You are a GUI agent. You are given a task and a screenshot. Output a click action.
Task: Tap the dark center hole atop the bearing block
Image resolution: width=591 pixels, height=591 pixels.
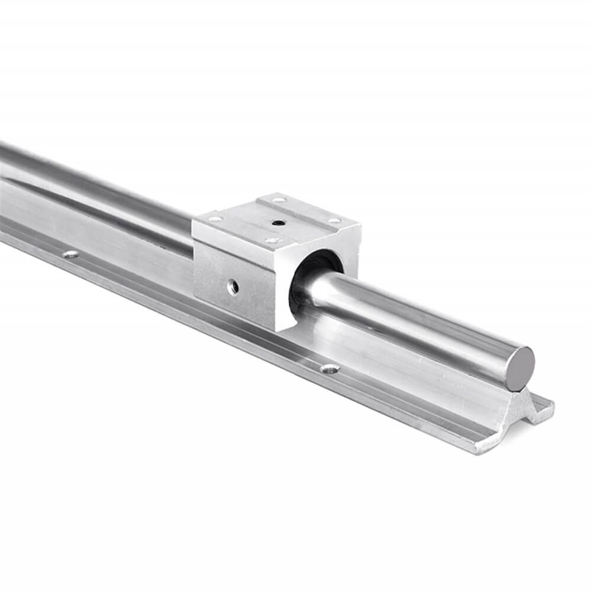click(x=277, y=223)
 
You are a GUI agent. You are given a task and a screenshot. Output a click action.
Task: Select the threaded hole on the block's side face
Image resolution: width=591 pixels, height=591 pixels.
click(x=235, y=287)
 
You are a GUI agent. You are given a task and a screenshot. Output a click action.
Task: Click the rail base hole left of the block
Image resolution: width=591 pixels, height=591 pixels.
click(x=71, y=254)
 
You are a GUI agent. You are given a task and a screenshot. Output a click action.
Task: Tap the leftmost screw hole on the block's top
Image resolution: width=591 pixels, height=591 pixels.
click(x=216, y=219)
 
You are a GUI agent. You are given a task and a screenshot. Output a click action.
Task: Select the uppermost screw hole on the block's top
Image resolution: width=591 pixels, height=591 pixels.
click(x=277, y=201)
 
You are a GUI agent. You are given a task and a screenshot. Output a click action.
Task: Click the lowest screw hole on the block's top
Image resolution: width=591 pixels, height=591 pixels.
click(x=272, y=241)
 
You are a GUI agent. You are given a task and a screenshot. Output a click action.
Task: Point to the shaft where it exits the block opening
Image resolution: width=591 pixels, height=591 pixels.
click(x=319, y=290)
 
